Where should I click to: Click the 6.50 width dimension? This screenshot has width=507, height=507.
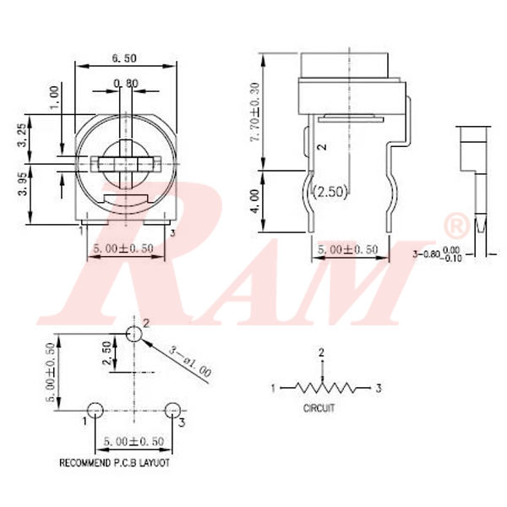click(x=124, y=58)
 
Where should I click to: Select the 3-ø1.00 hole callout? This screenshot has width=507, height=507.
click(x=190, y=361)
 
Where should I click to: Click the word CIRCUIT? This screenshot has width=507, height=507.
click(x=319, y=407)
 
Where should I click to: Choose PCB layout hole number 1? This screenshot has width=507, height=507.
click(x=95, y=410)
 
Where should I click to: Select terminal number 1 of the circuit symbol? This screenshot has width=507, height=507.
click(x=273, y=389)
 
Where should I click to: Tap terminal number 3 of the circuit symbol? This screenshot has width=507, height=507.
click(x=379, y=389)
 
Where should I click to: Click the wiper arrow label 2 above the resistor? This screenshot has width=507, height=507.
click(x=321, y=352)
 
